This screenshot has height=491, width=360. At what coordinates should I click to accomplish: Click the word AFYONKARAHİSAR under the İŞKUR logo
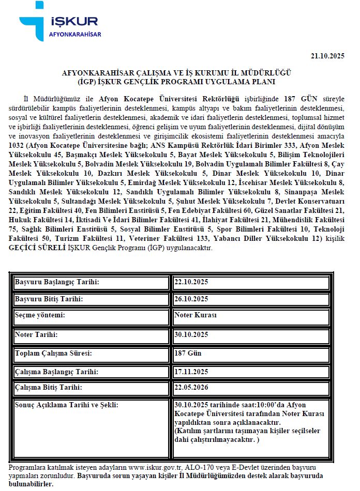click(74, 35)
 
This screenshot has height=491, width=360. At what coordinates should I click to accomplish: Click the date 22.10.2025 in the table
click(191, 282)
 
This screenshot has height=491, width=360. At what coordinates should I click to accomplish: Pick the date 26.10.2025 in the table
click(191, 299)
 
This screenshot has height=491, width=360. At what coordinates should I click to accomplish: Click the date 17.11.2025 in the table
click(191, 372)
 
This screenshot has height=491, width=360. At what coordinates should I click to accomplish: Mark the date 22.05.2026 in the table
click(191, 387)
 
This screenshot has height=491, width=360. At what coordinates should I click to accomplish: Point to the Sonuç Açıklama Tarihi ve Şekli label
click(67, 405)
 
